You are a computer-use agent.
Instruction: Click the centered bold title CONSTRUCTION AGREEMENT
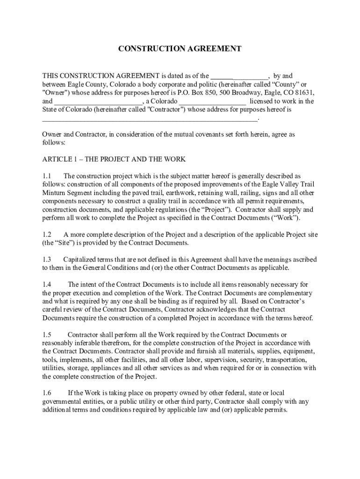point(180,49)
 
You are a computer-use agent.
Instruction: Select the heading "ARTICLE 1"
point(59,159)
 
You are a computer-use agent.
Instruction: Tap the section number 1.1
point(46,176)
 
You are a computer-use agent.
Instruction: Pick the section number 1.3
point(46,259)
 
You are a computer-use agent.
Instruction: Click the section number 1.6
point(46,393)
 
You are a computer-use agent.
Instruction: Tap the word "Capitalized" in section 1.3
point(80,259)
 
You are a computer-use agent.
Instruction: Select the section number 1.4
point(46,284)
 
